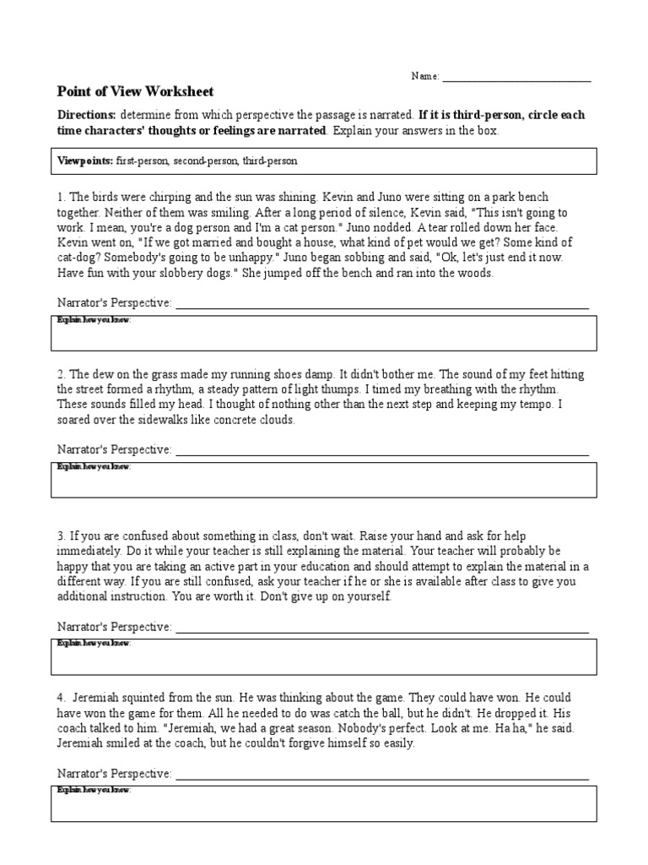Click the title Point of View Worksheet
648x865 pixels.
click(135, 91)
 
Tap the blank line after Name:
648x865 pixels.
click(516, 77)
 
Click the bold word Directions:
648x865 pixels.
click(86, 115)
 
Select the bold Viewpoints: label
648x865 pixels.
click(85, 160)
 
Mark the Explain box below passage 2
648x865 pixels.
click(325, 480)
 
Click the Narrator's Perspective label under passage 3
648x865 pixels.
click(114, 627)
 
